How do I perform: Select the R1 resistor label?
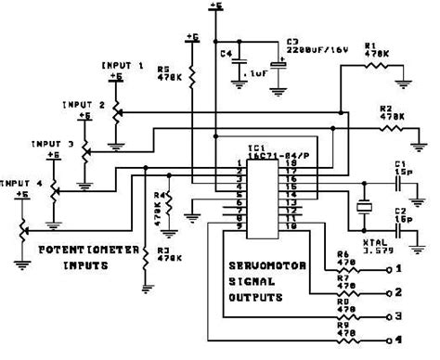(372, 47)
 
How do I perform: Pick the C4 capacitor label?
(226, 53)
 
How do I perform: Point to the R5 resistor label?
(164, 73)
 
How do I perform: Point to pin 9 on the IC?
(239, 227)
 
